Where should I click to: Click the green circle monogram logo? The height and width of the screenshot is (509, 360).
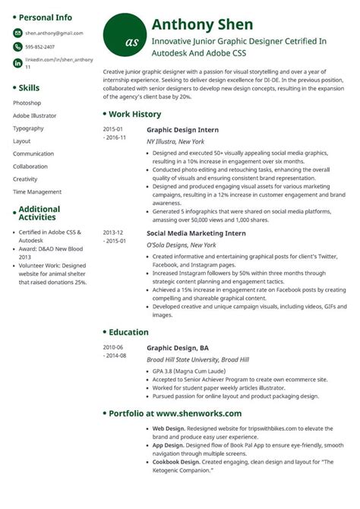click(x=124, y=34)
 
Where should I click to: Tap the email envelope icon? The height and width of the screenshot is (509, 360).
click(x=17, y=33)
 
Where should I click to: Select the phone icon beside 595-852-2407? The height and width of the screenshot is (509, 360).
click(x=17, y=47)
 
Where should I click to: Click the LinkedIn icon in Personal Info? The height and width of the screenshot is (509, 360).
click(x=17, y=62)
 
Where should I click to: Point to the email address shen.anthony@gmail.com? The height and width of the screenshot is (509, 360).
click(x=54, y=33)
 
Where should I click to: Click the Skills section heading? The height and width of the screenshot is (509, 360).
click(x=30, y=87)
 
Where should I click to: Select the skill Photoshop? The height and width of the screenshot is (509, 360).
click(x=27, y=102)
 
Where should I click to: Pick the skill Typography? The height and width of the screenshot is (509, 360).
click(x=28, y=128)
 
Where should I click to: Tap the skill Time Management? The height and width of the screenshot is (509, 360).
click(x=37, y=191)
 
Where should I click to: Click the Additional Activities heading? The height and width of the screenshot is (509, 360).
click(x=39, y=213)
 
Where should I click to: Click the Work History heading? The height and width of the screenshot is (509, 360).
click(x=134, y=114)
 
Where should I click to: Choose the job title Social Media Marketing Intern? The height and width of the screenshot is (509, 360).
click(x=196, y=232)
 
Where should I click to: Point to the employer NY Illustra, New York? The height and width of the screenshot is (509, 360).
click(x=175, y=142)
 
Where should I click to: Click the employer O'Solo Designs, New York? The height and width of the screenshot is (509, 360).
click(x=181, y=245)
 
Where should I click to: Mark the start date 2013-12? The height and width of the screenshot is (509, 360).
click(x=113, y=232)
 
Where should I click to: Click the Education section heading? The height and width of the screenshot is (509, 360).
click(x=128, y=332)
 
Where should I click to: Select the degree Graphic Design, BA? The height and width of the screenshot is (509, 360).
click(x=177, y=347)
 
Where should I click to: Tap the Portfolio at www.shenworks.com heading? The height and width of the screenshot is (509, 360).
click(x=175, y=413)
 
